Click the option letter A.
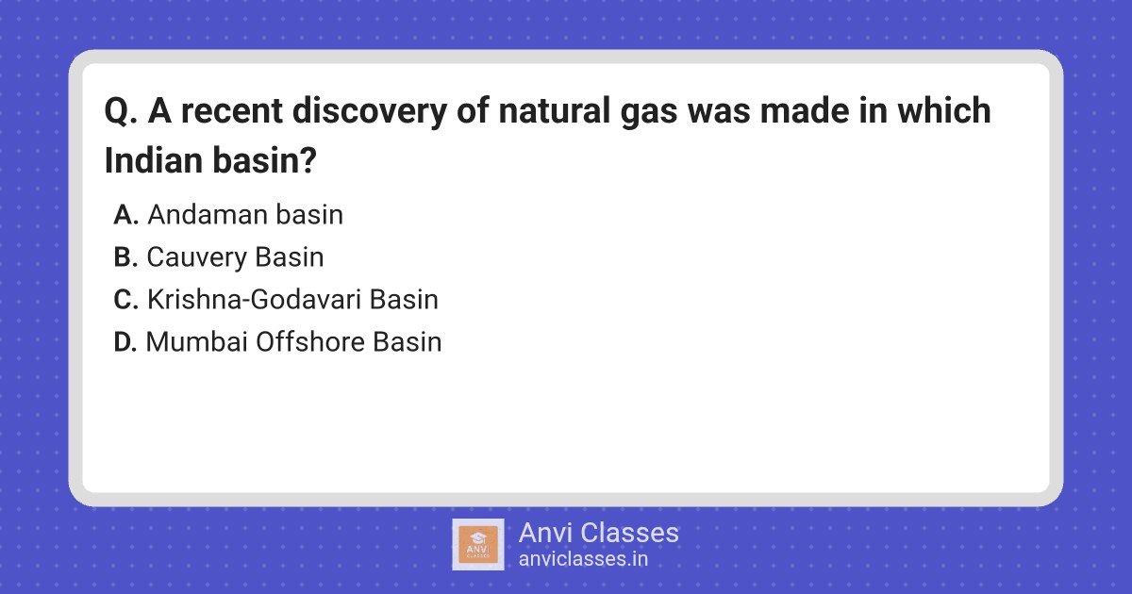(x=125, y=215)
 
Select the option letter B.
(x=125, y=257)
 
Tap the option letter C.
(x=125, y=300)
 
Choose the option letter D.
(x=125, y=342)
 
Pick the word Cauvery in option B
(x=196, y=257)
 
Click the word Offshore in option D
(x=309, y=342)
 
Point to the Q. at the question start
(x=121, y=111)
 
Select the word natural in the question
(x=555, y=111)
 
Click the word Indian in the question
(x=154, y=160)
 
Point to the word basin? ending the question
(x=264, y=160)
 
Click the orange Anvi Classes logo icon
(x=478, y=545)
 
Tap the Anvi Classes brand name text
(x=598, y=533)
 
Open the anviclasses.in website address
(x=583, y=559)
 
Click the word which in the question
(x=944, y=110)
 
